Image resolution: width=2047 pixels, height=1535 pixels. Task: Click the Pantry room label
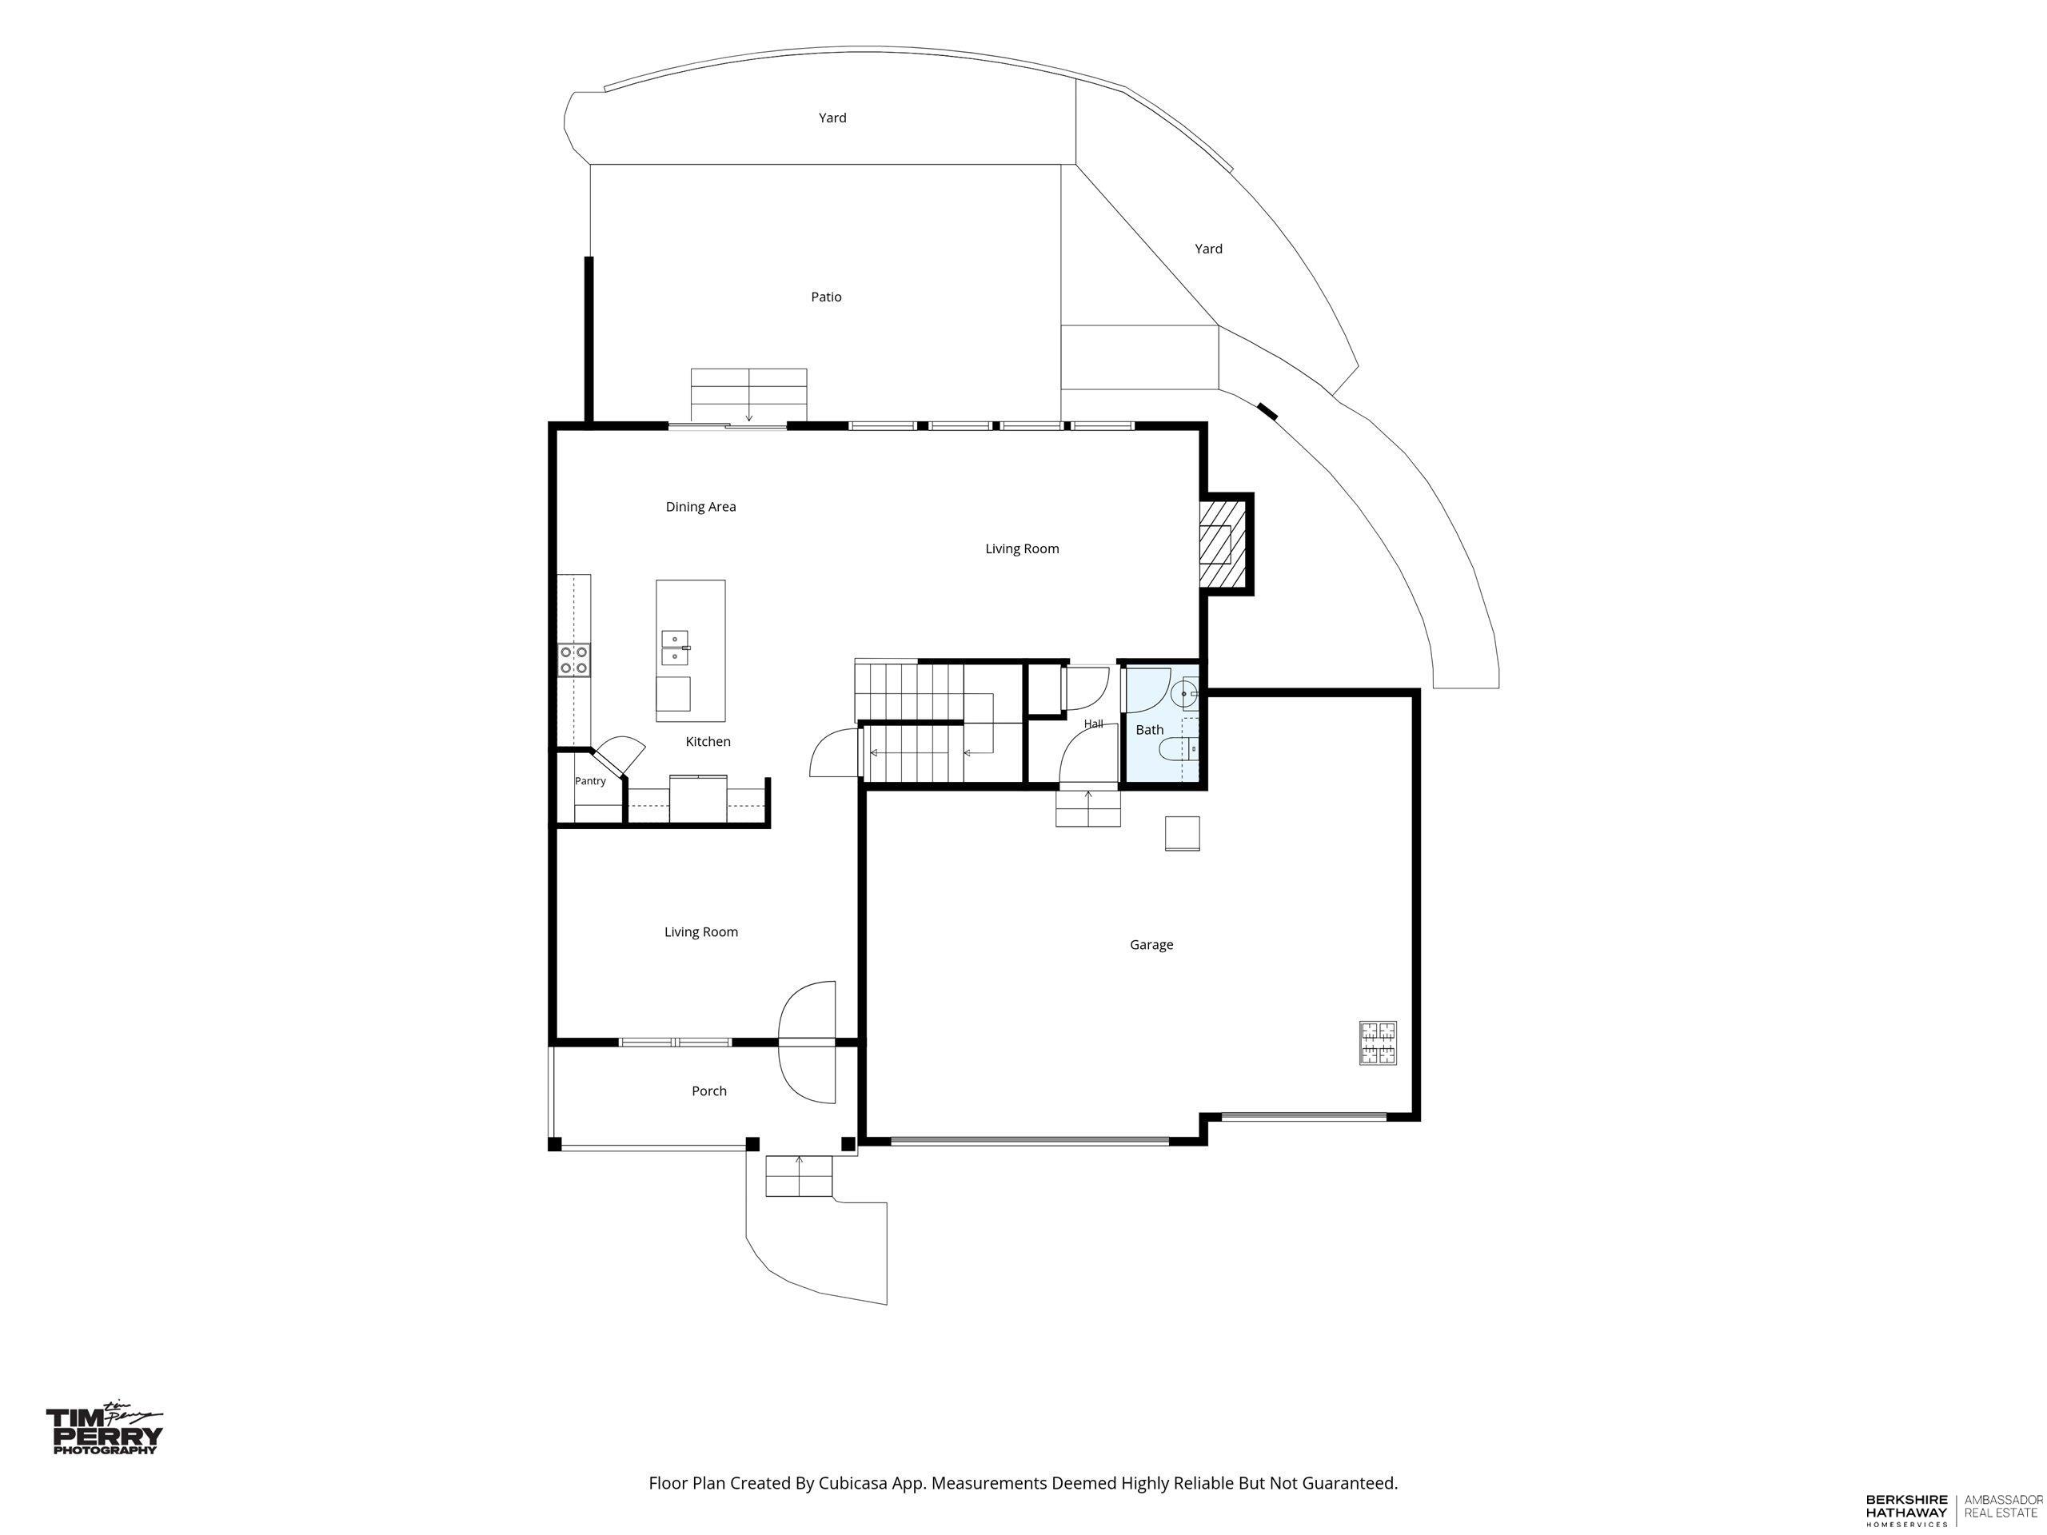click(590, 781)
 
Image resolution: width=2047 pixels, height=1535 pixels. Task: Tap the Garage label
click(1151, 945)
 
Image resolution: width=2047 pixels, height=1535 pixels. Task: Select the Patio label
click(826, 297)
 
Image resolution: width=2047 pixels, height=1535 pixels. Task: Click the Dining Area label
click(700, 507)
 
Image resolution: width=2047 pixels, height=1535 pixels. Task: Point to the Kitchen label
click(708, 741)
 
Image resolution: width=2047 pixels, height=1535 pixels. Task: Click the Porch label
click(709, 1090)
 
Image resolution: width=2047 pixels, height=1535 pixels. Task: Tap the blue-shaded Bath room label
click(1149, 730)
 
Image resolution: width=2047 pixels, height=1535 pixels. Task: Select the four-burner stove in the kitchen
click(574, 660)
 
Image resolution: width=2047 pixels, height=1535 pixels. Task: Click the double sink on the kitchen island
click(675, 648)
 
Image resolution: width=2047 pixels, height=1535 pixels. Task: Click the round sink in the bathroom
click(1186, 693)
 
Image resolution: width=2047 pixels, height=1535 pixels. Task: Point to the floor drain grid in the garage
click(1378, 1043)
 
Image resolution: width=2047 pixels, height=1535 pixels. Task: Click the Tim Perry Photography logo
click(105, 1430)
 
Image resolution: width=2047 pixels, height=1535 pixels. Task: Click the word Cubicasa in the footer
click(854, 1483)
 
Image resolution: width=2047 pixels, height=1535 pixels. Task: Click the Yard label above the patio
click(832, 118)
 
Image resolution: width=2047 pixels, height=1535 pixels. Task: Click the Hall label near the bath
click(1093, 724)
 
